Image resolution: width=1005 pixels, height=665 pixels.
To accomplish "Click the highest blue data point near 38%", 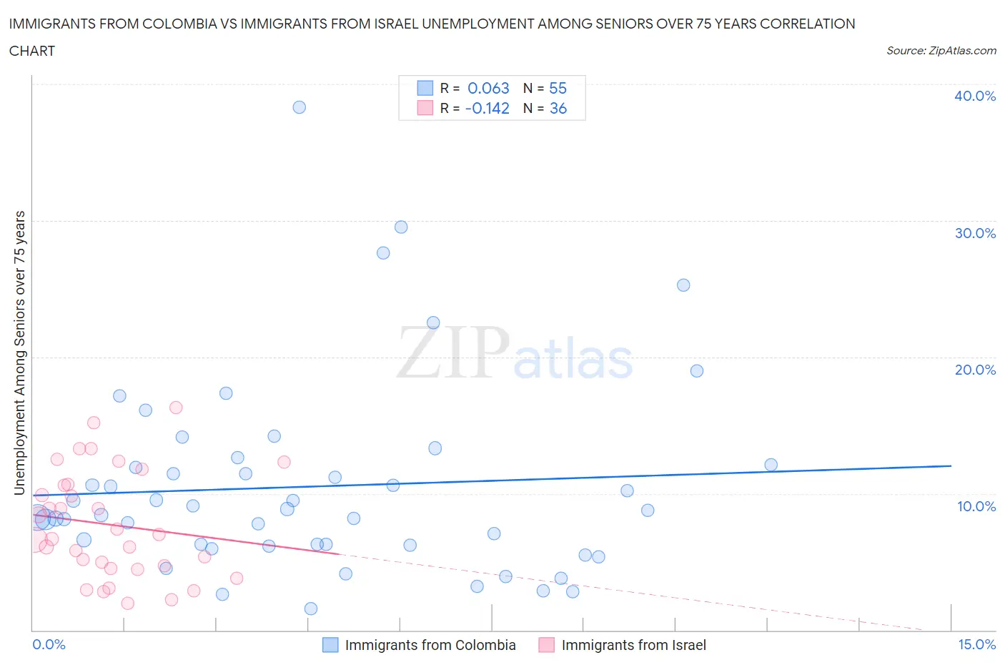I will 299,107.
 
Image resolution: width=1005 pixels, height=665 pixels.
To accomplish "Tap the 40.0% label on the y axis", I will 974,96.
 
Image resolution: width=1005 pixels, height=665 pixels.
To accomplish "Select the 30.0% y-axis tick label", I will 974,233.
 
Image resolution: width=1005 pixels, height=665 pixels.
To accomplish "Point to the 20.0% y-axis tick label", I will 974,370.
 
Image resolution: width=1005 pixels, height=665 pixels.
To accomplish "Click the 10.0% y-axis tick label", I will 976,506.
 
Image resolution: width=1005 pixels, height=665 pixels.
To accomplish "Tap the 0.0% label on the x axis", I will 49,644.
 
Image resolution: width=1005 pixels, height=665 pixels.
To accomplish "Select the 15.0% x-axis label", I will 976,644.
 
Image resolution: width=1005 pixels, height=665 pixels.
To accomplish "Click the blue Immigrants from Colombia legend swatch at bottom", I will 330,645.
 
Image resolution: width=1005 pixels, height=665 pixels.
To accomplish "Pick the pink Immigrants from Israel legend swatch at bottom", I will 547,645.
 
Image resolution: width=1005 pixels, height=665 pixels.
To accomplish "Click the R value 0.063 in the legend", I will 488,88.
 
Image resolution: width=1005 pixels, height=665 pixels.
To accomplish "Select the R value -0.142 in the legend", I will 487,108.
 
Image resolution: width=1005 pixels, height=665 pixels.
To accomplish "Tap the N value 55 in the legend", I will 558,88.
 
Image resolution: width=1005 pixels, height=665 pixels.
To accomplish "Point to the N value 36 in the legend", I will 558,108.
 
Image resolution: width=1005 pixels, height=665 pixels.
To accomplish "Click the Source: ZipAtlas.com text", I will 941,50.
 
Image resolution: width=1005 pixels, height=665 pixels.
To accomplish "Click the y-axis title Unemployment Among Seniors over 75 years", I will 20,353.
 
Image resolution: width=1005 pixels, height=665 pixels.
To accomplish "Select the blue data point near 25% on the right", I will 683,285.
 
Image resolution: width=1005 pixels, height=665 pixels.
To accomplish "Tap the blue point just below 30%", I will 401,227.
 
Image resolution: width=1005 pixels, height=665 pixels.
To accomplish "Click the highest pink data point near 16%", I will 176,408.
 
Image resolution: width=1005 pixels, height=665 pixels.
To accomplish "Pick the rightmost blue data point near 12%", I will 771,465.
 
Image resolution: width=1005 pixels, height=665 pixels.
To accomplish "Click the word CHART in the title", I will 32,51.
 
